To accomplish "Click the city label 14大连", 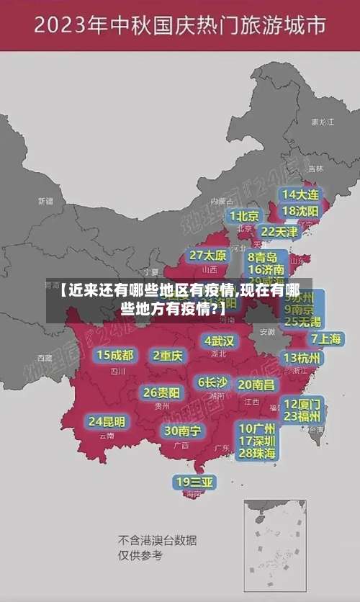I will pos(300,194).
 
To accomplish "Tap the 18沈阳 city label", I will pos(300,210).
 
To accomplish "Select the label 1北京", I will pos(244,215).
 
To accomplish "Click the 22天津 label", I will pos(279,231).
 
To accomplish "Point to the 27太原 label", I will pos(207,255).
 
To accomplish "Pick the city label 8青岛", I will pos(263,257).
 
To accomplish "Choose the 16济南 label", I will pos(266,270).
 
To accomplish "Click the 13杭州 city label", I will pos(302,357).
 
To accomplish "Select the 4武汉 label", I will pos(220,340).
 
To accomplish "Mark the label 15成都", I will pos(115,354).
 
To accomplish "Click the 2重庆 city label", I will pos(168,355).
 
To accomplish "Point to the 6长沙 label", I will pos(212,382).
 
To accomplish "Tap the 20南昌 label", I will pos(256,384).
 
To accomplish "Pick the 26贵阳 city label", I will pos(162,392).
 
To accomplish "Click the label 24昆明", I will pos(107,421).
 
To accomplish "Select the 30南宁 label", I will pos(181,431).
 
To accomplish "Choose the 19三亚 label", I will pos(194,482).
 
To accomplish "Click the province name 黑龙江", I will pos(322,122).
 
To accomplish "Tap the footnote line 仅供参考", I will pos(140,555).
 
